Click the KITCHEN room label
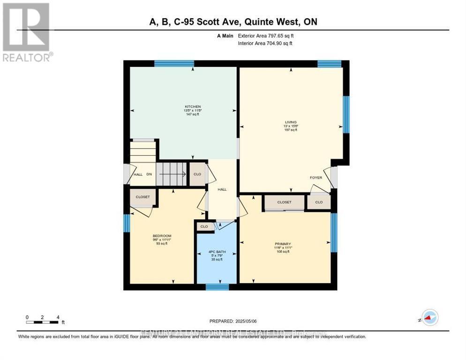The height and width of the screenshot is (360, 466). point(192,106)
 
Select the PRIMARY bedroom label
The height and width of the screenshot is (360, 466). point(283,244)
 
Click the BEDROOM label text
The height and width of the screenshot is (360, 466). point(162,236)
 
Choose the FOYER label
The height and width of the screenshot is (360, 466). point(316,178)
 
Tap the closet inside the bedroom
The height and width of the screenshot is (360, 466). point(143,197)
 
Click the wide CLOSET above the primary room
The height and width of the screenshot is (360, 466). point(284,202)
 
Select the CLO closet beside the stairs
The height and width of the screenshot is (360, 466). point(197,174)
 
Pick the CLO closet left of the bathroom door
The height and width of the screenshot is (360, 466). point(204,226)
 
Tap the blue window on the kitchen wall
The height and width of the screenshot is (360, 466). point(174,64)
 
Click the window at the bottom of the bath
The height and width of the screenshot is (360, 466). point(217,286)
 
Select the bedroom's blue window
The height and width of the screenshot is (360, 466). point(126,223)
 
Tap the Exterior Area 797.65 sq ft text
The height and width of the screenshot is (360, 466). point(266,36)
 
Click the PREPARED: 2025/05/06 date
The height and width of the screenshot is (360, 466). point(233,321)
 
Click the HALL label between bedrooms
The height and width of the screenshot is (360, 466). point(222,189)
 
